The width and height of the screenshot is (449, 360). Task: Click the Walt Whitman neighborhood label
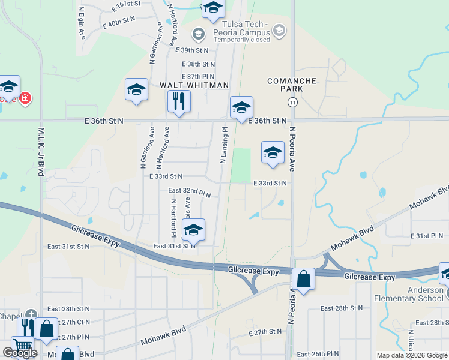[194, 85]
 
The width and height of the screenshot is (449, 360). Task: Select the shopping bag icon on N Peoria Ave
[304, 279]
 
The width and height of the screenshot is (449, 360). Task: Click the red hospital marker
[25, 97]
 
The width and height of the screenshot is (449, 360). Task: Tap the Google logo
[20, 353]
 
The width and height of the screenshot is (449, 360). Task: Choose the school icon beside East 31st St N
[193, 230]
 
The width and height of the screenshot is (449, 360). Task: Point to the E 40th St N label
[119, 22]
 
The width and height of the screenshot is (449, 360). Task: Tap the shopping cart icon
[22, 346]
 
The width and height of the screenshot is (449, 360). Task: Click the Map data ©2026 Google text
[412, 355]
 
